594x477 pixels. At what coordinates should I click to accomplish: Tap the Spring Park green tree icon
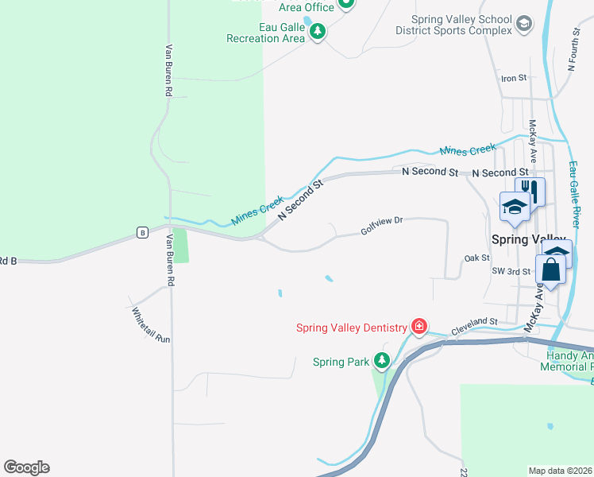coord(382,361)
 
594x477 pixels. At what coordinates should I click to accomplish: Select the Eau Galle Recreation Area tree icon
coord(318,32)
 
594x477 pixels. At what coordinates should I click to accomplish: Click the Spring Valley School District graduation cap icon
coord(523,25)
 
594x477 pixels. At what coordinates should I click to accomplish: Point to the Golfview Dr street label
coord(382,226)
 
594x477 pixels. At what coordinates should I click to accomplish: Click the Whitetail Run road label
coord(151,325)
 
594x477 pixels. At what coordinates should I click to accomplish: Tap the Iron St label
coord(514,78)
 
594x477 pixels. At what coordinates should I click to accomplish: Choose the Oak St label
coord(476,258)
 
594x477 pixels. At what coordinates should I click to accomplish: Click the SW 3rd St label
coord(510,272)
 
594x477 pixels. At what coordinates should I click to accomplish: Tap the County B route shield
coord(142,232)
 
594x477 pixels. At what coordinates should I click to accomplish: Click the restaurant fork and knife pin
coord(530,192)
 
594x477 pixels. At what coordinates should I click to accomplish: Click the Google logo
coord(26,467)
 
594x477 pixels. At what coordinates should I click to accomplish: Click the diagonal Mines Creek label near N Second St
coord(257,211)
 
